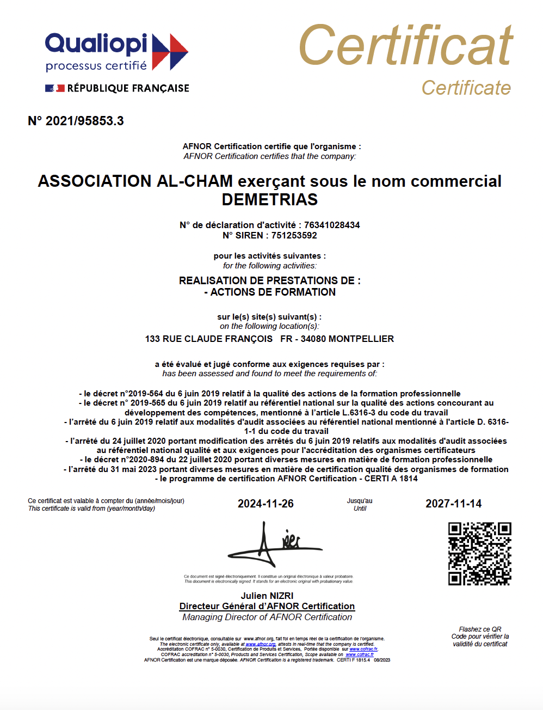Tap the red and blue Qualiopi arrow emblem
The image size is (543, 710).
(x=170, y=52)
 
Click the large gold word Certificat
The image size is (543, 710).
(x=405, y=46)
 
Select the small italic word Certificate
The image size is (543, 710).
(x=466, y=88)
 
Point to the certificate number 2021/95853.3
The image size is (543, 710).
(x=84, y=121)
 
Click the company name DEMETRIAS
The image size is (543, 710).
(x=270, y=200)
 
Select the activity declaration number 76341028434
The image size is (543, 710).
(x=332, y=225)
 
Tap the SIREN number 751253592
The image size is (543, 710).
(x=294, y=235)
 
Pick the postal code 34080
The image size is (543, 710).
(x=313, y=339)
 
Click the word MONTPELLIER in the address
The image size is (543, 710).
(x=361, y=339)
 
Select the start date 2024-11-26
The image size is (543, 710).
(x=266, y=504)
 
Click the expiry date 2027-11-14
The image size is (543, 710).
(x=453, y=504)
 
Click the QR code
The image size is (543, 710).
(x=479, y=554)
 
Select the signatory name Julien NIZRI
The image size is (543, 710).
(x=267, y=596)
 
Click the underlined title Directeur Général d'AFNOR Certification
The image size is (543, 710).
(x=267, y=606)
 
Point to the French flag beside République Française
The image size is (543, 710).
(x=55, y=88)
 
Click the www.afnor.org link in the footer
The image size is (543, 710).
(x=261, y=644)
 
